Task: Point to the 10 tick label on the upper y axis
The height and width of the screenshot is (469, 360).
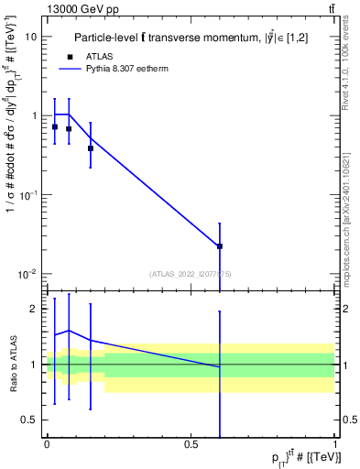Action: pos(32,37)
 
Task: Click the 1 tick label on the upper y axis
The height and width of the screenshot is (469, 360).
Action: pos(35,115)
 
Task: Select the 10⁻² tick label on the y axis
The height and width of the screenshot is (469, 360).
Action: pos(29,274)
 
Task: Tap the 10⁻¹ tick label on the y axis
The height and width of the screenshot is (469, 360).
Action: pos(29,195)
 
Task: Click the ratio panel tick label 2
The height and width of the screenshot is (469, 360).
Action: pos(35,309)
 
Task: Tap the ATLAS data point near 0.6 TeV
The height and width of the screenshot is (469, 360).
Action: pos(220,246)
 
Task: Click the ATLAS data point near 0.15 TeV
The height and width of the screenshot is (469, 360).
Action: pos(90,148)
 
